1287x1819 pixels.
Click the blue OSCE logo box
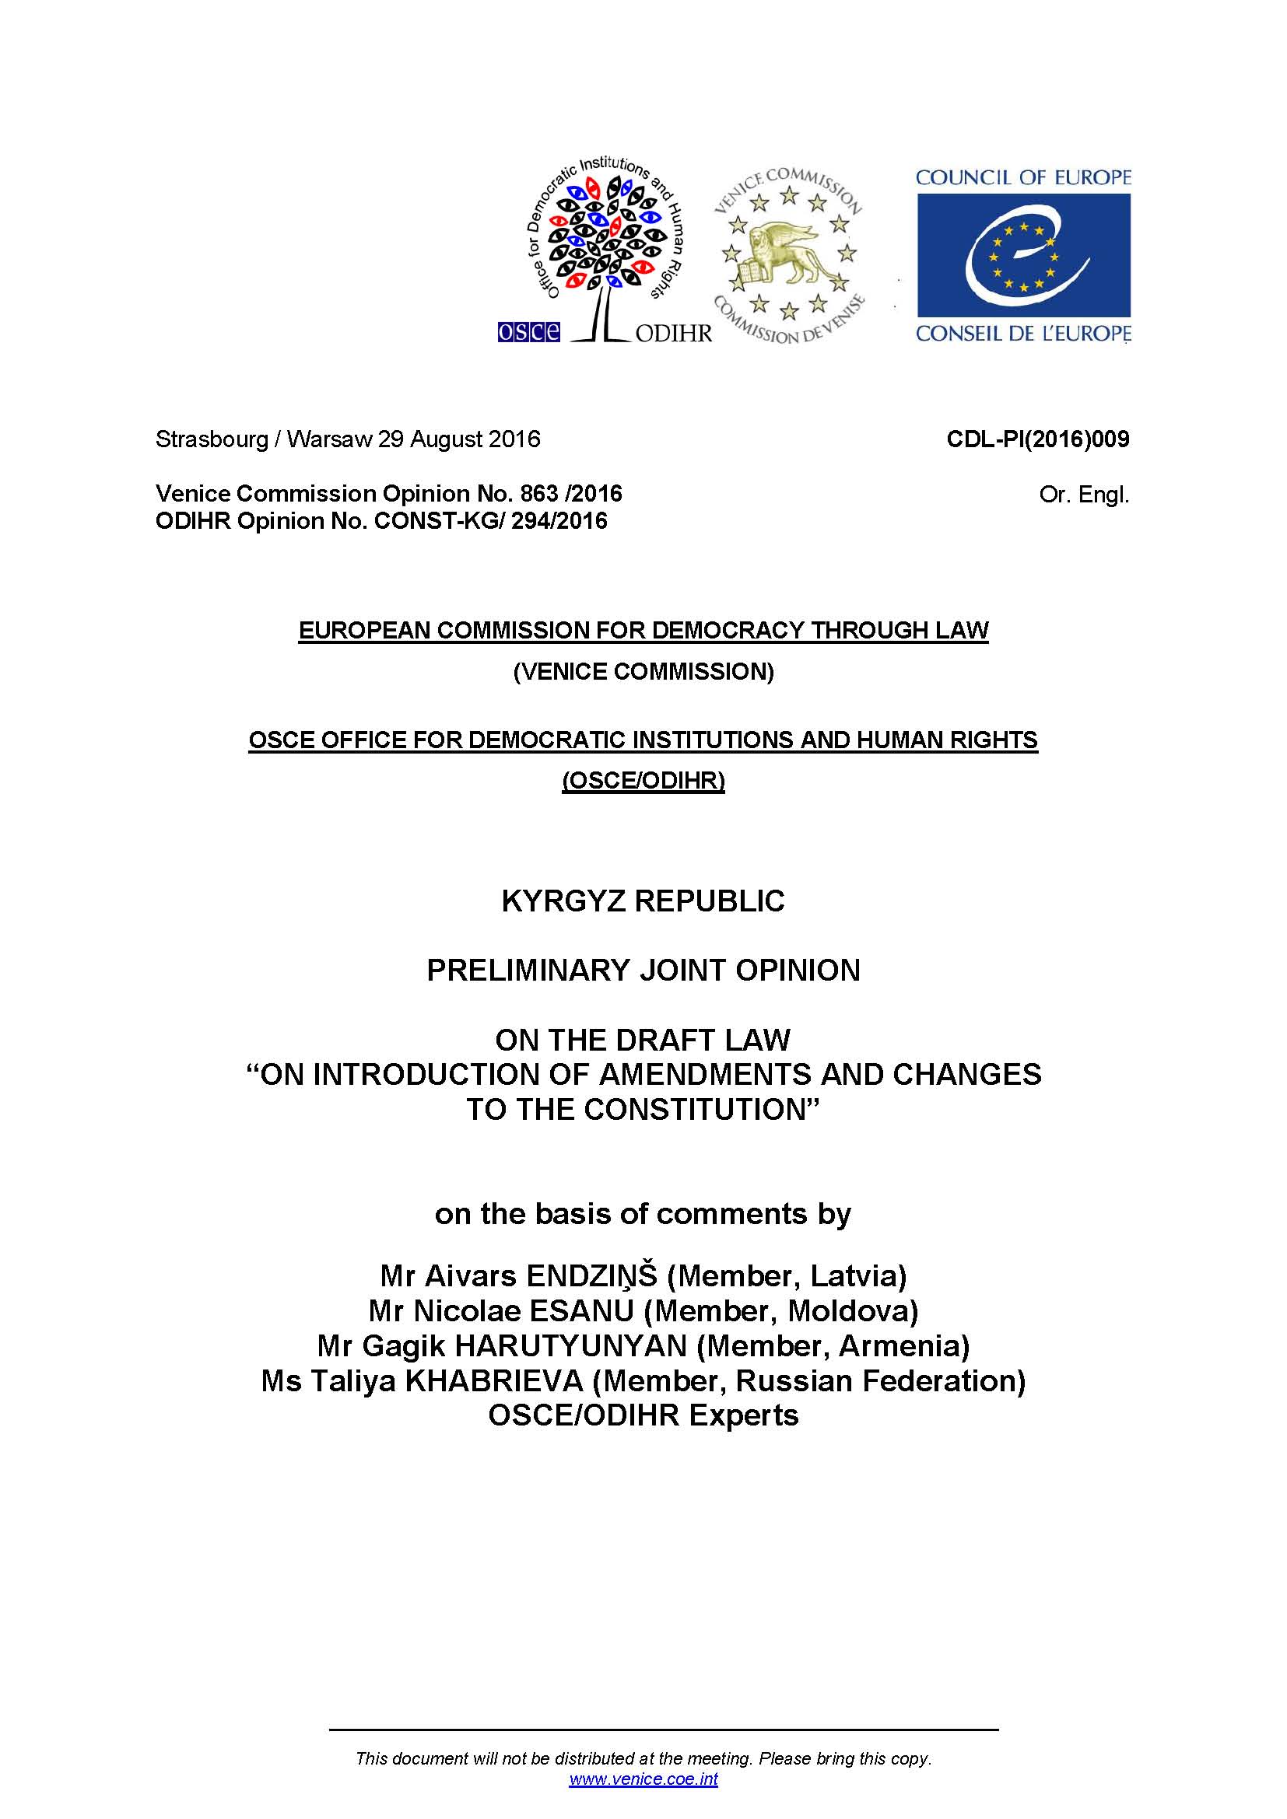(x=528, y=331)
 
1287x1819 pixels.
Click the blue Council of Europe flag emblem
(x=1023, y=255)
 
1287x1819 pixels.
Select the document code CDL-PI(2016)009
(x=1037, y=439)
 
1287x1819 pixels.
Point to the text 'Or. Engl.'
(x=1083, y=495)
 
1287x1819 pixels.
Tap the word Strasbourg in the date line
(x=212, y=439)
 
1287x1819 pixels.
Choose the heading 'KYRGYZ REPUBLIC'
(x=643, y=901)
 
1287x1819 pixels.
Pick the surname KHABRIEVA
(x=495, y=1380)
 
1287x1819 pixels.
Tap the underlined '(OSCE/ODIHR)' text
(x=643, y=781)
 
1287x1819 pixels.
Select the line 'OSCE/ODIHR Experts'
(x=643, y=1415)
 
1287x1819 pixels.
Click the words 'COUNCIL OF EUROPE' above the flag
(x=1023, y=177)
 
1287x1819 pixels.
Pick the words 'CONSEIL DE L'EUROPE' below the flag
(x=1023, y=334)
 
